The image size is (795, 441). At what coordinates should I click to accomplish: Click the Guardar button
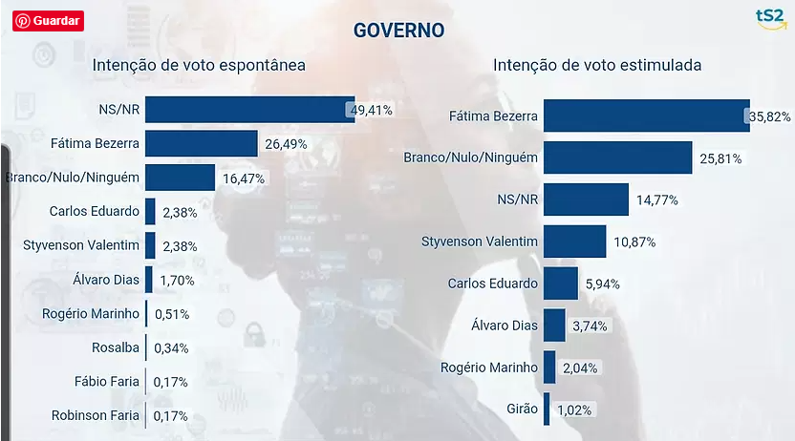point(49,20)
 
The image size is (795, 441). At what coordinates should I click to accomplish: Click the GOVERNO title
point(398,30)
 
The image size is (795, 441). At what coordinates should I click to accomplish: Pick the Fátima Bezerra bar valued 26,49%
point(201,144)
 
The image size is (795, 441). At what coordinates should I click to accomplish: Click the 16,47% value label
point(244,178)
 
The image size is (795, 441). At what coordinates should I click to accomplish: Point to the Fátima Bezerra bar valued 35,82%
point(645,116)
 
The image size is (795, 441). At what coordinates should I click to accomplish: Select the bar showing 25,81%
point(617,157)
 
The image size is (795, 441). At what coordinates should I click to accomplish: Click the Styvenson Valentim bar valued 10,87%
point(574,241)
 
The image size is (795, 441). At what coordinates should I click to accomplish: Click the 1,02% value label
point(575,409)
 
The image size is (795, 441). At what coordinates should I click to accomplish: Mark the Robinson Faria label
point(97,414)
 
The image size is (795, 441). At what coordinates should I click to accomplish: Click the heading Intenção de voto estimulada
point(597,66)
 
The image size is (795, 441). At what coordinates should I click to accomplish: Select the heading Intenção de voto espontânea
point(198,66)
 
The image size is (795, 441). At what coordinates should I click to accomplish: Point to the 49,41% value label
point(372,110)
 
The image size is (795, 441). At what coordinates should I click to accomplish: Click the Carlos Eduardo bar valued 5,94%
point(560,283)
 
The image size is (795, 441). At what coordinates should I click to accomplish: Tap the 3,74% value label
point(590,325)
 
